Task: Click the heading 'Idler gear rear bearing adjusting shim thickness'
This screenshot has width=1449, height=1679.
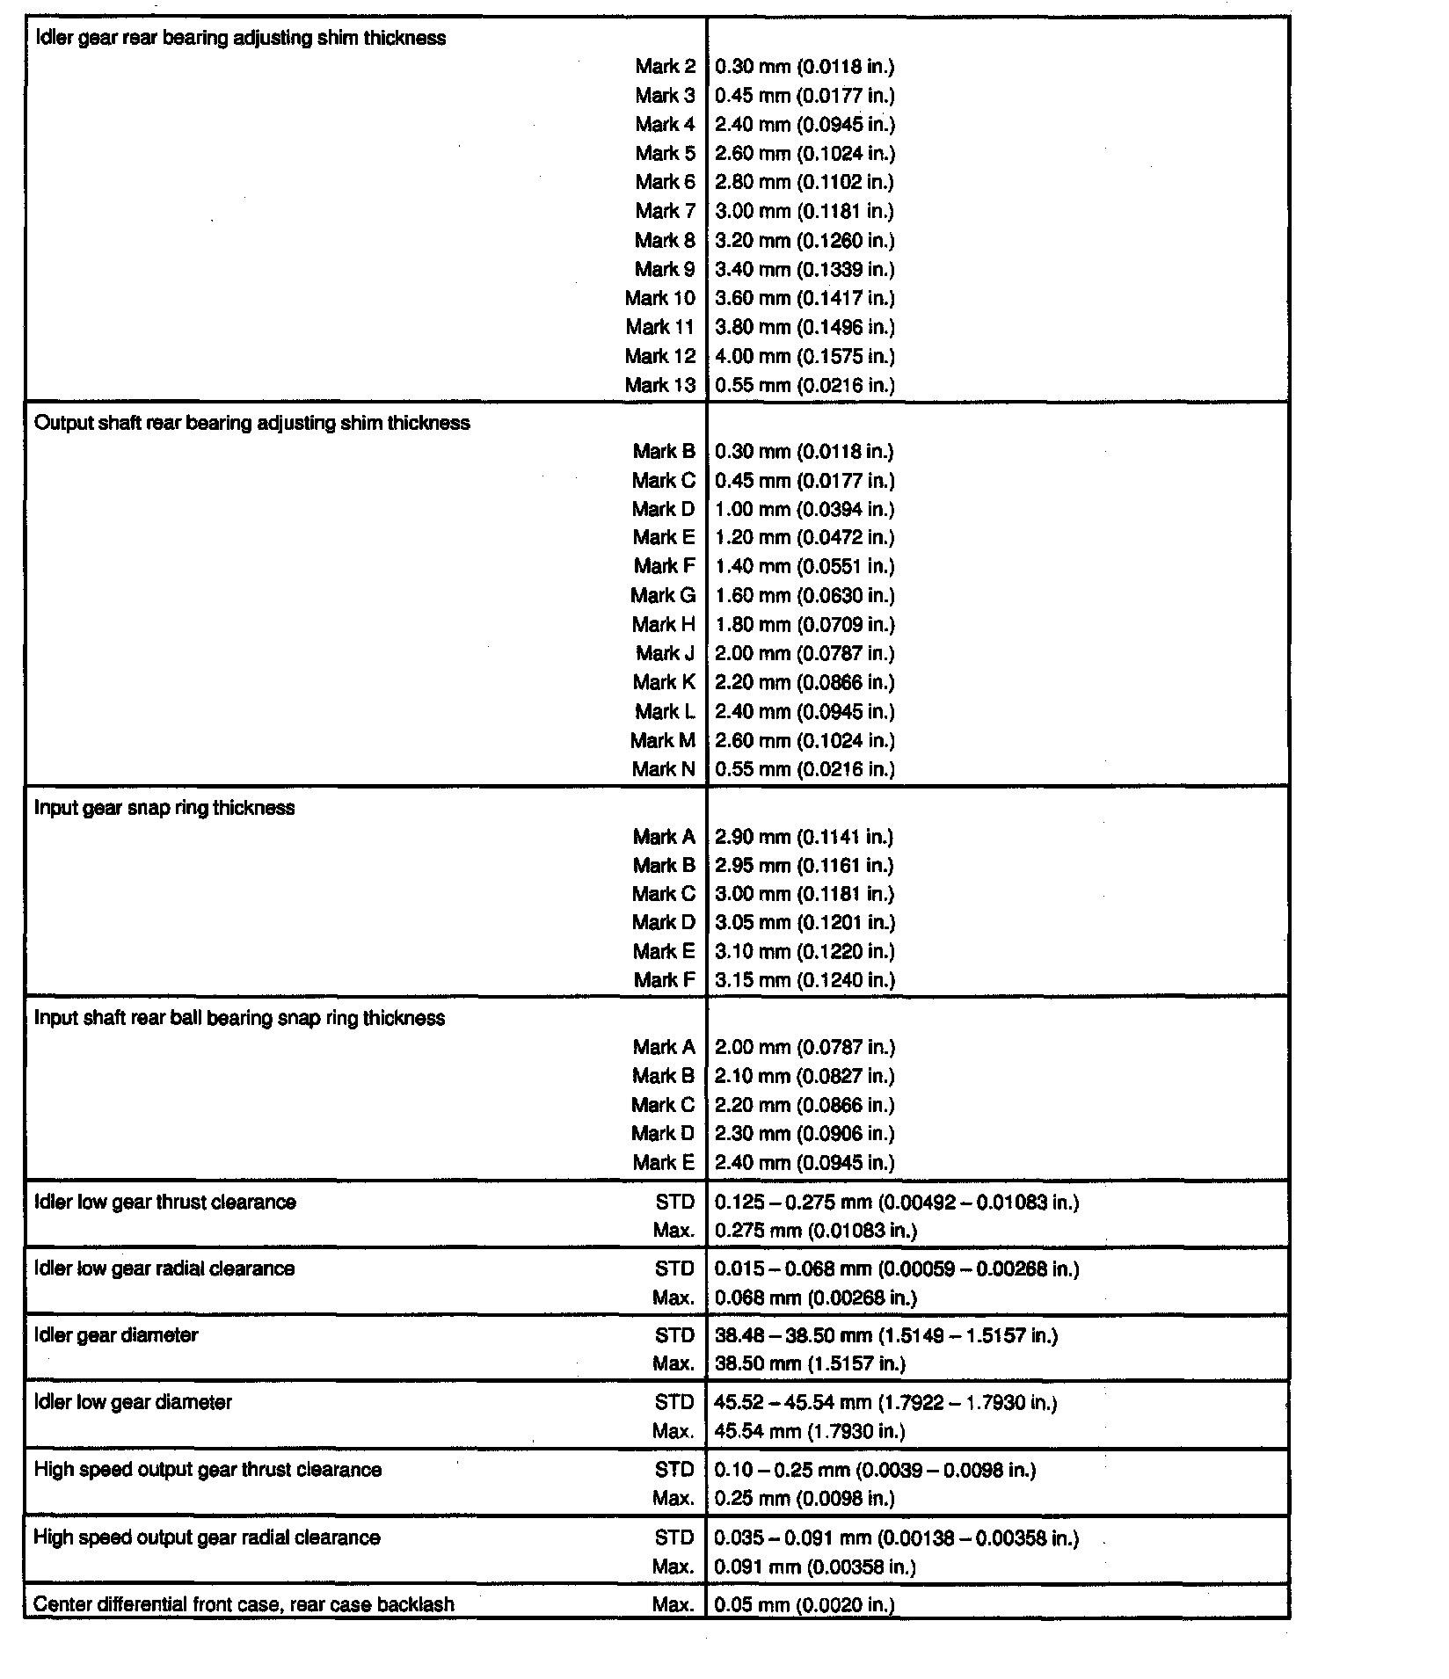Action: pos(240,38)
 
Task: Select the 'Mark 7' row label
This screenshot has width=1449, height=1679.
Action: pos(665,211)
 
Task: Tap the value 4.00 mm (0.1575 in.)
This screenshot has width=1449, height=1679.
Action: pos(805,356)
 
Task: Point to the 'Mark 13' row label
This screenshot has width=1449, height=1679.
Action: pos(659,385)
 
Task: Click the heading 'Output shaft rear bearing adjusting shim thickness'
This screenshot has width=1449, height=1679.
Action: pos(252,423)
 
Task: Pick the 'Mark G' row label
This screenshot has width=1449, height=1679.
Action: pos(663,595)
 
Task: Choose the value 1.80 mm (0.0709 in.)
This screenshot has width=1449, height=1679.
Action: pos(805,624)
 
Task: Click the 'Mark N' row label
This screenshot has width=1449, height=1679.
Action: pos(663,769)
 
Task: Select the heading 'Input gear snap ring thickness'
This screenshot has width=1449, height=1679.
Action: pos(164,808)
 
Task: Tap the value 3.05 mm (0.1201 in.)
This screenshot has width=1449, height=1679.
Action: pos(805,922)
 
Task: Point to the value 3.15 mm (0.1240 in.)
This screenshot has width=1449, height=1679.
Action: pos(805,979)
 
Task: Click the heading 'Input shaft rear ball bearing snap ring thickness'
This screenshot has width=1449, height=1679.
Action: pos(239,1018)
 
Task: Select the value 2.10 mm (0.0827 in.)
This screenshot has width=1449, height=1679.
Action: pos(805,1076)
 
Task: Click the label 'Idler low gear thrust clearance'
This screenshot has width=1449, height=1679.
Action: pos(165,1202)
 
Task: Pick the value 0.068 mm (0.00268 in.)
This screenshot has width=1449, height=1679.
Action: pos(815,1297)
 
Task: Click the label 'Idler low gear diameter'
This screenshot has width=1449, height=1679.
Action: pos(133,1402)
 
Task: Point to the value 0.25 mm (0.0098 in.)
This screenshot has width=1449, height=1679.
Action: pos(805,1498)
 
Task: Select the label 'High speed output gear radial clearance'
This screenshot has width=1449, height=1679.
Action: pos(207,1537)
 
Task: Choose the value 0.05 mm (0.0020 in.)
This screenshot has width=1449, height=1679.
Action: pos(805,1604)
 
